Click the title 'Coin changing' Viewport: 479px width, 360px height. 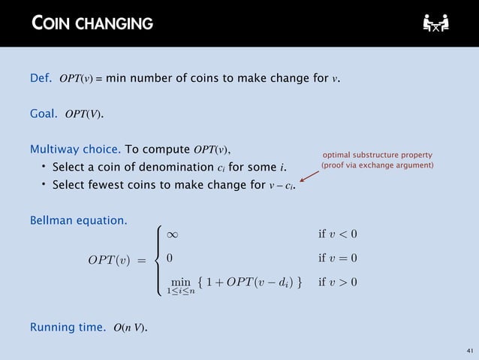(x=92, y=23)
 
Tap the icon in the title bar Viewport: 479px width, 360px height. (x=435, y=23)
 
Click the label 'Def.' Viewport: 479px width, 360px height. (x=41, y=77)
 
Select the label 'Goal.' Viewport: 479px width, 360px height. (x=44, y=114)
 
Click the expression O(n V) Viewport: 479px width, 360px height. (x=130, y=328)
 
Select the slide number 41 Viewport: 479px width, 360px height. (x=469, y=351)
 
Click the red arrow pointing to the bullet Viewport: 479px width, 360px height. (x=309, y=177)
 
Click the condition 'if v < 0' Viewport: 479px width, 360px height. (x=338, y=234)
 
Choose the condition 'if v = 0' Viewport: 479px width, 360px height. (x=338, y=259)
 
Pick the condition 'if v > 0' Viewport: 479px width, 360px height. (x=338, y=283)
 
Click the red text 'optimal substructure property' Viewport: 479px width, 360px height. (x=378, y=153)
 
